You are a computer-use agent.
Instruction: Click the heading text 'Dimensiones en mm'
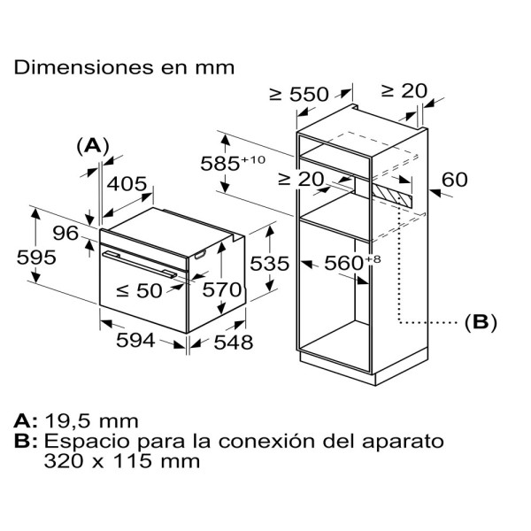[124, 67]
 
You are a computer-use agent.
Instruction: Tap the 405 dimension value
[127, 184]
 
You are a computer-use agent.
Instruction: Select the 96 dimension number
[65, 233]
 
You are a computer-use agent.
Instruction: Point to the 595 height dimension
[36, 258]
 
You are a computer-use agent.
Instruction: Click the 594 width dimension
[135, 340]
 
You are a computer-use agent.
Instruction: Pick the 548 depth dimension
[234, 342]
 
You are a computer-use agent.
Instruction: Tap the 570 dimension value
[222, 290]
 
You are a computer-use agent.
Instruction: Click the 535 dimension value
[270, 264]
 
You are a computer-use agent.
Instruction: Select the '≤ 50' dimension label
[139, 290]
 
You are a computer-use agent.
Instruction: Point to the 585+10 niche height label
[233, 162]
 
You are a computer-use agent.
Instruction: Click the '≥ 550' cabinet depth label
[299, 94]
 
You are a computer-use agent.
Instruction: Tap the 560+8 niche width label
[352, 263]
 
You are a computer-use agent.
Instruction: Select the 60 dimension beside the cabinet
[455, 180]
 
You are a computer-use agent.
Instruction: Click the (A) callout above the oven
[93, 146]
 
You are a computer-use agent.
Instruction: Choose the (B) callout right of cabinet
[481, 322]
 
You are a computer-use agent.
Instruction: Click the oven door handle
[140, 264]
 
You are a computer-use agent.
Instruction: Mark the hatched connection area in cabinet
[392, 195]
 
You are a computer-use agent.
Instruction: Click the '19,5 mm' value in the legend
[91, 421]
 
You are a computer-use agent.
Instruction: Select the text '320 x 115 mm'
[122, 461]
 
